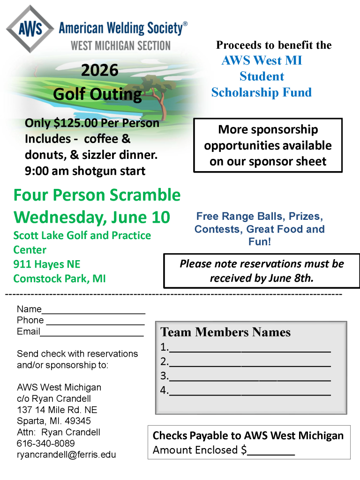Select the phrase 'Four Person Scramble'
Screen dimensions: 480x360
(x=97, y=195)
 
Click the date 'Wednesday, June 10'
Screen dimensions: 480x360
(x=92, y=217)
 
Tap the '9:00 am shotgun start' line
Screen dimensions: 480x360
(x=85, y=171)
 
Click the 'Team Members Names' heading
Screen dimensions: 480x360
(x=225, y=332)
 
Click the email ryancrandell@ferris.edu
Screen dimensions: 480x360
(x=66, y=455)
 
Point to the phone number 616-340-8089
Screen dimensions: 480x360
(x=46, y=443)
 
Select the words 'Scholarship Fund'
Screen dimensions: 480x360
(x=261, y=92)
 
